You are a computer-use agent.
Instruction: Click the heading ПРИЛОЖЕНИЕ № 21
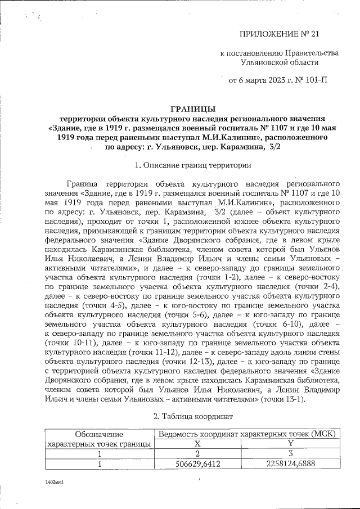click(279, 34)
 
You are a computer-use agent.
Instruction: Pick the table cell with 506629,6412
click(199, 464)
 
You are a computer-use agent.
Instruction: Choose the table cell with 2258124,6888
click(290, 464)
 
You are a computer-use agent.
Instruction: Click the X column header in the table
click(198, 444)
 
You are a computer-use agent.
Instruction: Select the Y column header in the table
click(290, 444)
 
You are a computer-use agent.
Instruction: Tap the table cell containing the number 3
click(290, 454)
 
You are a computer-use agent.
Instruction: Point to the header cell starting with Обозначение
click(100, 434)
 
